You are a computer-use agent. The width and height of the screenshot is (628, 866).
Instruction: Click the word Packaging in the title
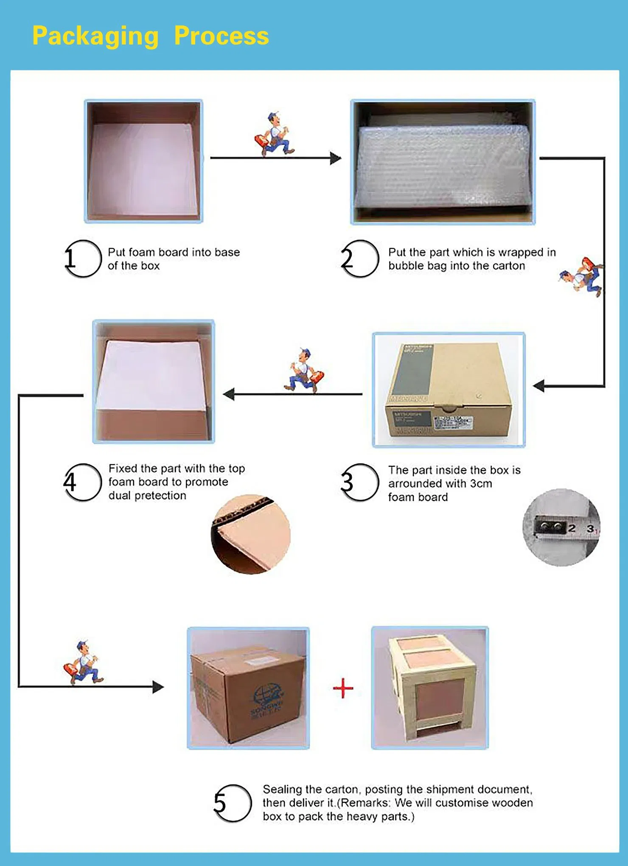(95, 36)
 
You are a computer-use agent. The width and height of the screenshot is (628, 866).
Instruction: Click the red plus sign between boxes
(343, 688)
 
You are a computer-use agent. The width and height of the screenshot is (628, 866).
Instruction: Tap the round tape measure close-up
(561, 527)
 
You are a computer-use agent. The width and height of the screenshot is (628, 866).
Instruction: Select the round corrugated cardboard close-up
(250, 534)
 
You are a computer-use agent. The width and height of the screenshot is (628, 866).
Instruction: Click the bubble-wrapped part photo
(443, 162)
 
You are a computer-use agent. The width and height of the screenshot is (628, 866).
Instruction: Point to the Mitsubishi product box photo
(449, 390)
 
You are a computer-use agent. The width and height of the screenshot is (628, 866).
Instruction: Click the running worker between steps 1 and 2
(274, 135)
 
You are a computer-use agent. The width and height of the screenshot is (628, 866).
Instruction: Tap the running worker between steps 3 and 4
(304, 370)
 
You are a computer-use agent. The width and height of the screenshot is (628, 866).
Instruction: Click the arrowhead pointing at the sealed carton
(158, 687)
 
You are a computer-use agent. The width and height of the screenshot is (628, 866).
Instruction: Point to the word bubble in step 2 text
(402, 266)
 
